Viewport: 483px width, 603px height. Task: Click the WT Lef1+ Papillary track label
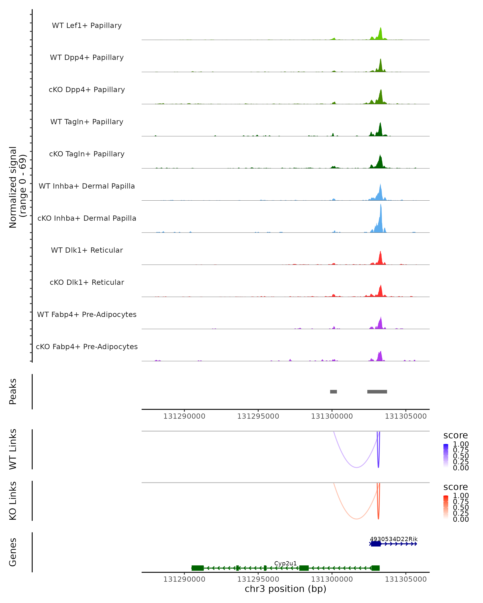(87, 26)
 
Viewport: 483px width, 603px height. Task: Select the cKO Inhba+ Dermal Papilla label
(87, 218)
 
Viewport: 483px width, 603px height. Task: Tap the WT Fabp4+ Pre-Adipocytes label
(87, 314)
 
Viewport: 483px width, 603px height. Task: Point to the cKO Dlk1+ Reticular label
(87, 282)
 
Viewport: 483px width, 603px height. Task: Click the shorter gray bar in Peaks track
(333, 392)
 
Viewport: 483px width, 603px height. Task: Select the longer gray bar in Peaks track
(377, 392)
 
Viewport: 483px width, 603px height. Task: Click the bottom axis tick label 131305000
(406, 579)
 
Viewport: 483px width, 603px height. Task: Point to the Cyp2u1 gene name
(285, 563)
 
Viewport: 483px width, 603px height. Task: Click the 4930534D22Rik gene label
(393, 539)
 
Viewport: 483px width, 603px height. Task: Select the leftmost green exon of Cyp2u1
(197, 568)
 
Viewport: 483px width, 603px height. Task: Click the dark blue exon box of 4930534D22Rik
(376, 544)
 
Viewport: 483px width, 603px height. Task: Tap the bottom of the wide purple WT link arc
(356, 467)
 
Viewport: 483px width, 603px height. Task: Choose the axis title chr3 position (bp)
(285, 589)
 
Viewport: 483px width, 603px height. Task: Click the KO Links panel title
(13, 501)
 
